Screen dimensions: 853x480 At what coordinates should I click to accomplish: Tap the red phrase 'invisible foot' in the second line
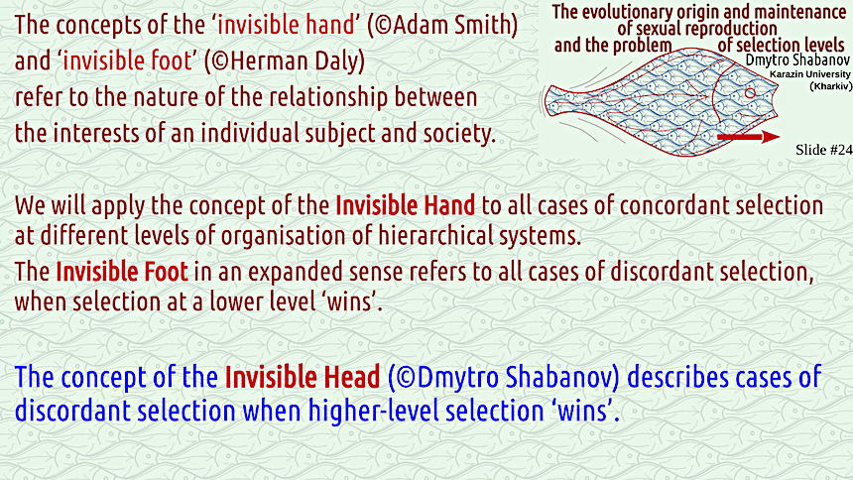coord(128,60)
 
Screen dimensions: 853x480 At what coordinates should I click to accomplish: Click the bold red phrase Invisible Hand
coord(406,205)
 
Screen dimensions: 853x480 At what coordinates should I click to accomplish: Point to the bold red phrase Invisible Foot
coord(122,272)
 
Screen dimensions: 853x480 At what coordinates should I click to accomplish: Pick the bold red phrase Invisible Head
coord(303,377)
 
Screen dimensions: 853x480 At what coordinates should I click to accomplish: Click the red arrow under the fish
coord(749,137)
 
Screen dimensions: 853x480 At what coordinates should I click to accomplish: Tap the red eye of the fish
coord(750,93)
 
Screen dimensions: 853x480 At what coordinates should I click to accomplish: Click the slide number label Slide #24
coord(823,150)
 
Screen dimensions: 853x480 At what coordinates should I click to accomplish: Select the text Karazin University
coord(810,74)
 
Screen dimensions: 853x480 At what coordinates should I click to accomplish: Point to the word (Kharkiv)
coord(831,86)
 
